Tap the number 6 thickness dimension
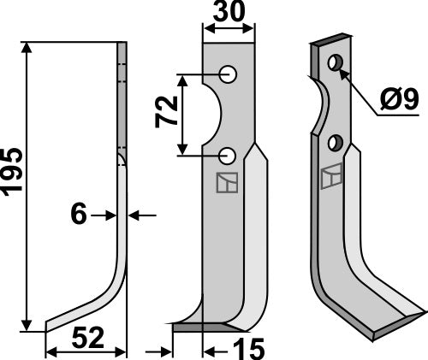78,215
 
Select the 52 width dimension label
84,339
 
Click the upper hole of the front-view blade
229,74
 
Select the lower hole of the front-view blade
228,155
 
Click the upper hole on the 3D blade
336,62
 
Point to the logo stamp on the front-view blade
227,182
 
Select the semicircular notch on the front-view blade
212,115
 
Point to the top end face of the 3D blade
330,41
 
